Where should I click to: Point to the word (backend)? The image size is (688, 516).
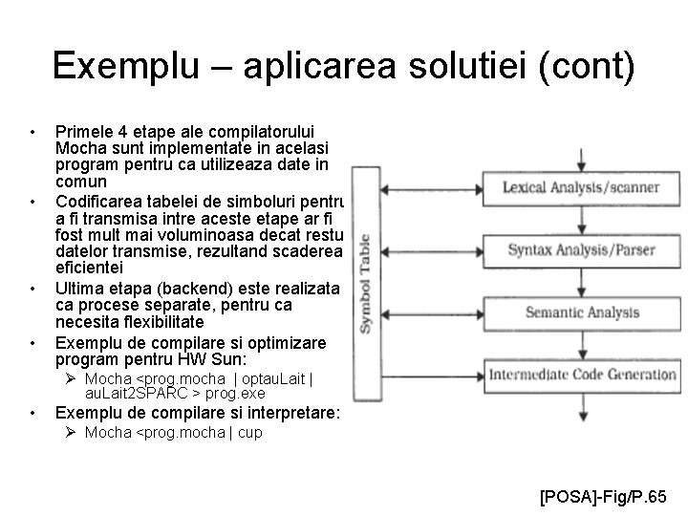tap(191, 288)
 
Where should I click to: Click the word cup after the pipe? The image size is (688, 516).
tap(250, 433)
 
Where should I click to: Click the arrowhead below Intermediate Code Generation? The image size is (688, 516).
tap(582, 417)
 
